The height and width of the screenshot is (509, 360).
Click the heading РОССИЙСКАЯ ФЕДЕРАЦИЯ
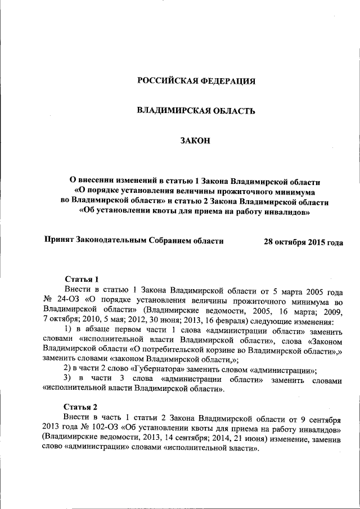tap(196, 82)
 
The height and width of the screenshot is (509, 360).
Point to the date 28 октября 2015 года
tap(303, 242)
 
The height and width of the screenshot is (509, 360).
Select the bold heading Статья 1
tap(82, 279)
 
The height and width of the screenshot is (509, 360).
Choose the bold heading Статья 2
tap(81, 407)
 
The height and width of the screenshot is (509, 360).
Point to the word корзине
tap(186, 349)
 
